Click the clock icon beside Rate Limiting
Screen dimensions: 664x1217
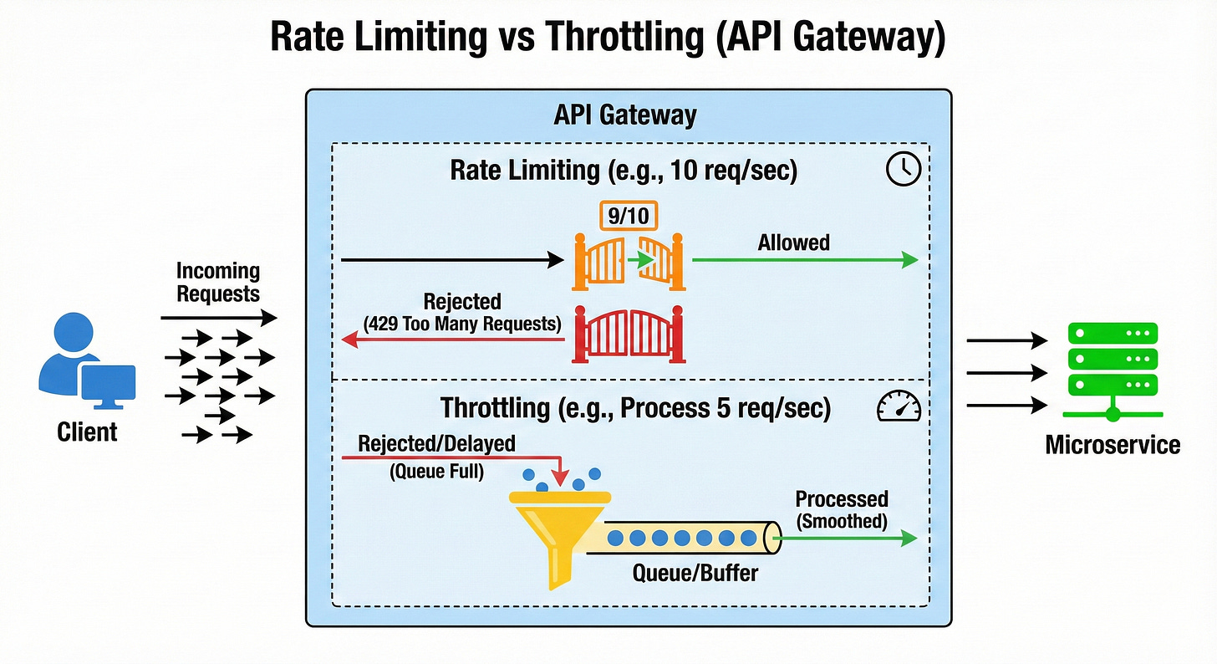click(903, 170)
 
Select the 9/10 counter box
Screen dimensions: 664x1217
click(627, 217)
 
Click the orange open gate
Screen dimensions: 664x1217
click(629, 261)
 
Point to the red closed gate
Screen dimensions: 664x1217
click(629, 337)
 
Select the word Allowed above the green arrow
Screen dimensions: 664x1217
click(793, 243)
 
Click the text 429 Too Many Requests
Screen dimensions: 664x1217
click(462, 323)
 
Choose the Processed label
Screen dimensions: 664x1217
click(841, 499)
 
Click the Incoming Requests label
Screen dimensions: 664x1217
click(218, 282)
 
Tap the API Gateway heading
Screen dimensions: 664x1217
click(624, 115)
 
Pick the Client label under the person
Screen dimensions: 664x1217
click(87, 432)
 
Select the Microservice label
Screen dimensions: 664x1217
click(1113, 443)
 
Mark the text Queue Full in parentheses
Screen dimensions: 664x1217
click(436, 472)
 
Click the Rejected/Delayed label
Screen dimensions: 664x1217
click(436, 443)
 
